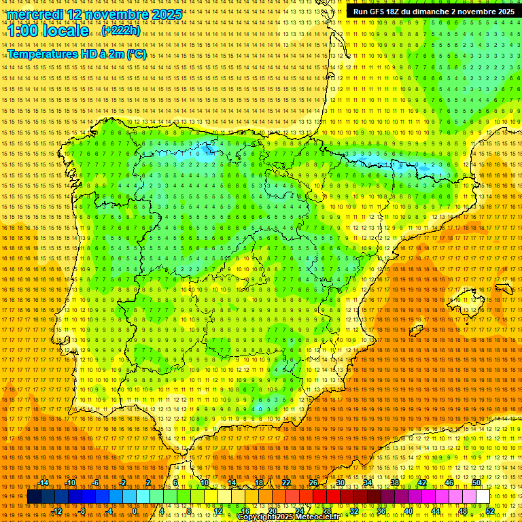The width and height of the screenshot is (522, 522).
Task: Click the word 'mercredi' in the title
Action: pyautogui.click(x=36, y=14)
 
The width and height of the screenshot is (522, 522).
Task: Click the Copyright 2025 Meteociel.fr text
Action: pyautogui.click(x=288, y=517)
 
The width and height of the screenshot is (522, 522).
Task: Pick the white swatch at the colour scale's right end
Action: pyautogui.click(x=483, y=497)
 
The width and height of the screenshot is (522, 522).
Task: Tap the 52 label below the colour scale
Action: pyautogui.click(x=490, y=511)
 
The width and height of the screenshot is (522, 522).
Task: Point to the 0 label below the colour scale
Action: pyautogui.click(x=135, y=511)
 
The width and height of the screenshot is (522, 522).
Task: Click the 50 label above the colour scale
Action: pyautogui.click(x=477, y=483)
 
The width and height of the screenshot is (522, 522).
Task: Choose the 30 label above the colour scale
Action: pyautogui.click(x=340, y=483)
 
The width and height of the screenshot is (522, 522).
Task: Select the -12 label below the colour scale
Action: pyautogui.click(x=57, y=511)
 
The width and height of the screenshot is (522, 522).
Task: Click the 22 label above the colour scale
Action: pyautogui.click(x=285, y=483)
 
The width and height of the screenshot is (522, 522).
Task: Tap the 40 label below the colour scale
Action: pyautogui.click(x=408, y=511)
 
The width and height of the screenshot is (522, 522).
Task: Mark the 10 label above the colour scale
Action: pyautogui.click(x=204, y=483)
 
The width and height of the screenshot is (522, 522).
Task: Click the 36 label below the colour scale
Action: pyautogui.click(x=381, y=511)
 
